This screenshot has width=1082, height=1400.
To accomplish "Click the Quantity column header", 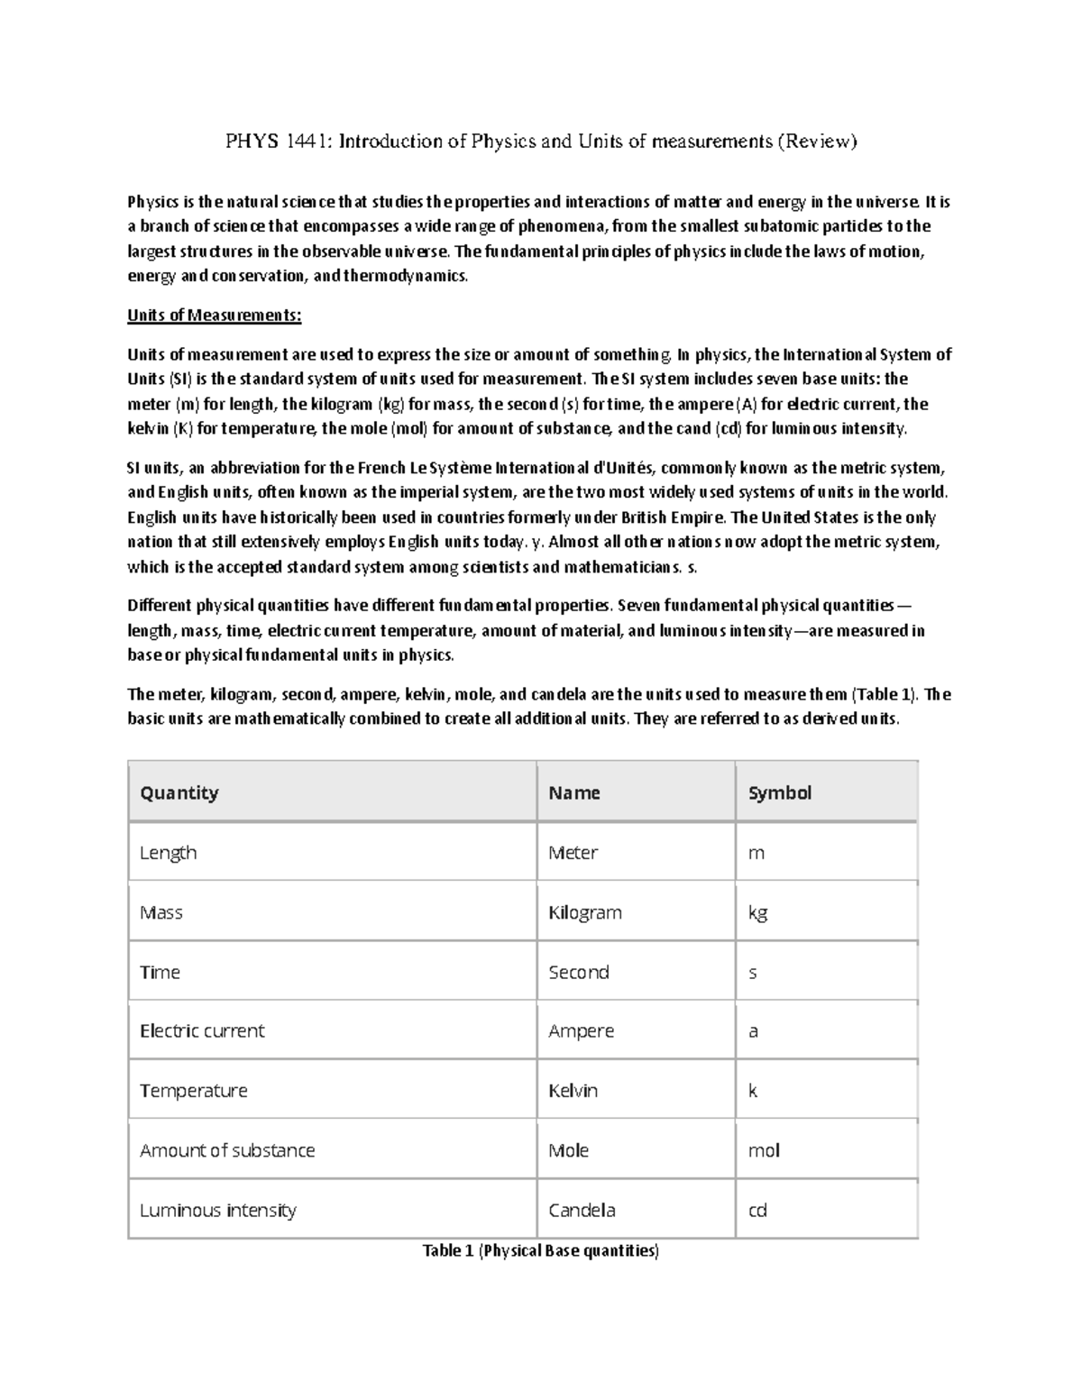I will coord(179,792).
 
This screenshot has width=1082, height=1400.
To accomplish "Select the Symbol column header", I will coord(780,792).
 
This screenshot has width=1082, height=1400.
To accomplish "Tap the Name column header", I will coord(574,792).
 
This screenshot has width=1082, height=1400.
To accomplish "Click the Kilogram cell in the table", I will coord(585,912).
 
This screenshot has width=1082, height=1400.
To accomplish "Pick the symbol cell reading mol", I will coord(764,1150).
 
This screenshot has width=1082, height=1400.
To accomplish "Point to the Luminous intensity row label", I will coord(218,1210).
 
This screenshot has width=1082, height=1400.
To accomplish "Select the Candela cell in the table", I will coord(582,1210).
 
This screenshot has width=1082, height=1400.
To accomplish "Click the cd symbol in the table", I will coord(757,1210).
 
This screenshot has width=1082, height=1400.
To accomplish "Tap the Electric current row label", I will coord(202,1030).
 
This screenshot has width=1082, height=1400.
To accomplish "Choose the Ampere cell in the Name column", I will coord(582,1030).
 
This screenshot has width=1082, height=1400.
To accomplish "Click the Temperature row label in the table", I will coord(193,1090).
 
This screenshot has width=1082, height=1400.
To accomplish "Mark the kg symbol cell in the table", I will coord(757,912).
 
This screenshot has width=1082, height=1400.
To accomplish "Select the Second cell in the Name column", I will coord(579,972).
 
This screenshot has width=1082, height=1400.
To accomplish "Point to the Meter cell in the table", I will coord(573,852).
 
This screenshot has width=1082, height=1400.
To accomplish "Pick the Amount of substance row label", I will coord(227,1150).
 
